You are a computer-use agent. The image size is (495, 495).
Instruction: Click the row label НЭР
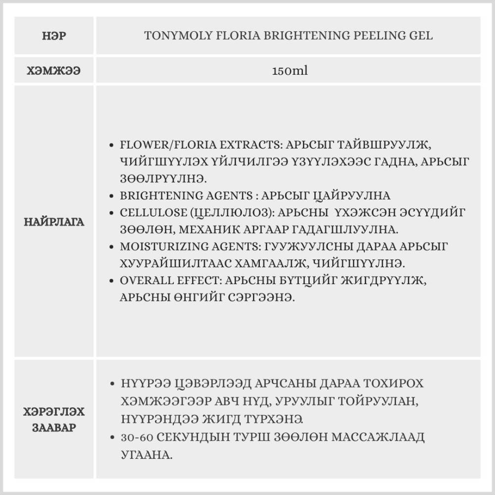tap(54, 36)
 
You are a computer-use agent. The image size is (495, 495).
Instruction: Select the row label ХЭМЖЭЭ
tap(54, 71)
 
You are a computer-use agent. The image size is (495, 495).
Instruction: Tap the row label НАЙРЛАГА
tap(54, 221)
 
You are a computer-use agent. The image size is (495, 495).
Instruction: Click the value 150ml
tap(290, 71)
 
